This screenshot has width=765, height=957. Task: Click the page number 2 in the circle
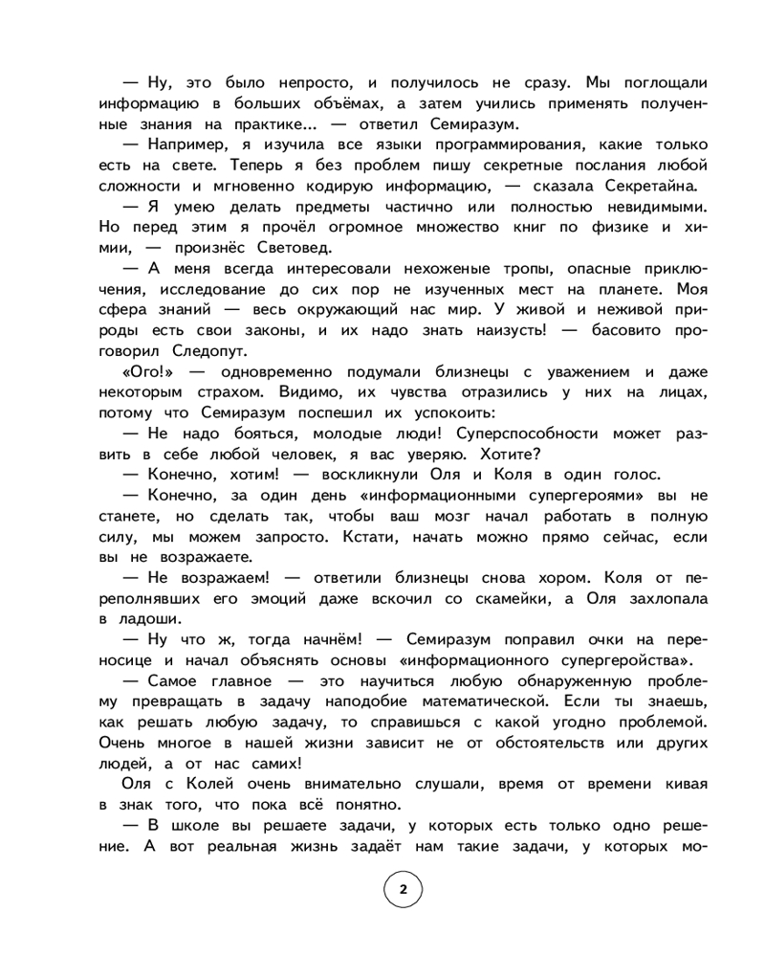403,889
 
